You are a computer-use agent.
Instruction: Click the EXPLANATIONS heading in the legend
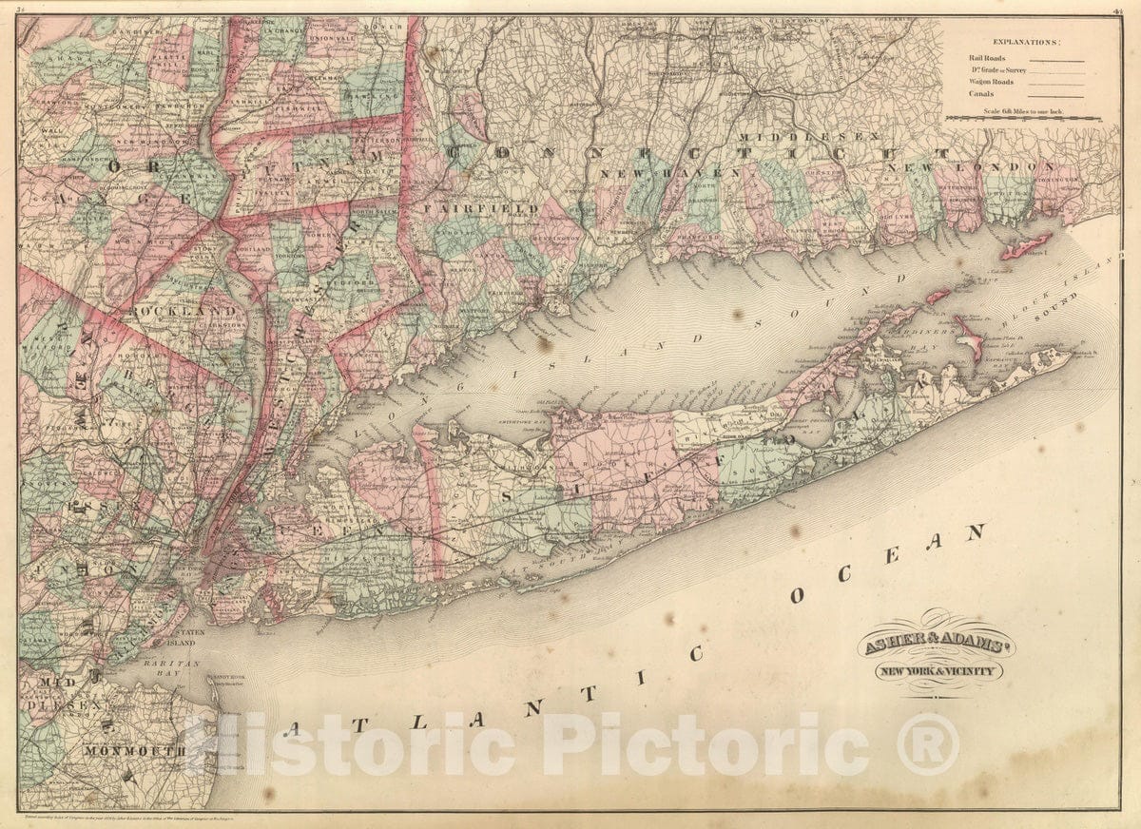point(1027,42)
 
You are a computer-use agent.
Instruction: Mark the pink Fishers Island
point(1024,245)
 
